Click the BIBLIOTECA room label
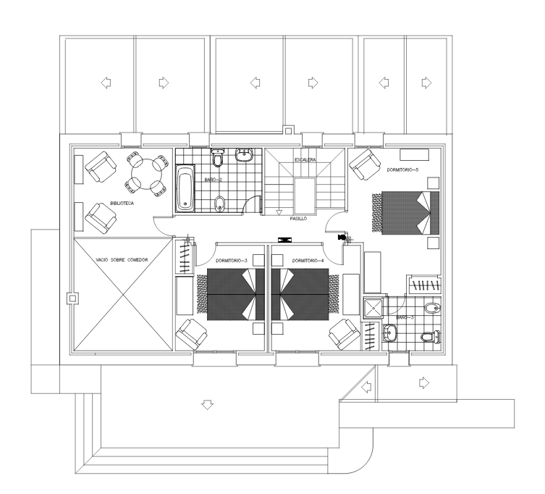point(122,203)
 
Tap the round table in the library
point(146,174)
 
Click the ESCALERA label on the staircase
point(305,159)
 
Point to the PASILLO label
point(299,219)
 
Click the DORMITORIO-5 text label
point(402,170)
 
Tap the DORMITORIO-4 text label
point(308,261)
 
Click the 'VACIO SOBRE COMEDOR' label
point(122,260)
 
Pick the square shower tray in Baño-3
point(373,309)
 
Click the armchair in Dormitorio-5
point(365,164)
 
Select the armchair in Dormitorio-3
point(192,335)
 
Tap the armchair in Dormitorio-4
point(345,335)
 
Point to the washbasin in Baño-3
point(390,333)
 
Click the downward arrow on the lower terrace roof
point(208,405)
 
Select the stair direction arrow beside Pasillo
point(279,212)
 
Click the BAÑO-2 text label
point(213,180)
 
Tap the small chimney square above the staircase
point(288,130)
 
